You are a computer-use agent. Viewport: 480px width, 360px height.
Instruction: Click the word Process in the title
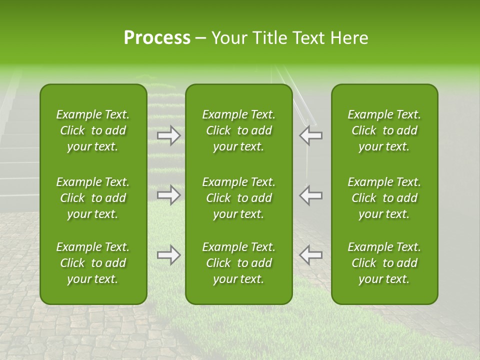coord(157,38)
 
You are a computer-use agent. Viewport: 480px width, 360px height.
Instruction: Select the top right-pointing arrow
coord(169,135)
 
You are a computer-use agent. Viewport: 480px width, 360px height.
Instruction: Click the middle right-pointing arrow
coord(169,195)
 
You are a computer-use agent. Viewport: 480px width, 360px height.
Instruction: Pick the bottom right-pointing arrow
coord(169,255)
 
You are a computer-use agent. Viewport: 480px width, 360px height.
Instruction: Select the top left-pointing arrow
coord(310,135)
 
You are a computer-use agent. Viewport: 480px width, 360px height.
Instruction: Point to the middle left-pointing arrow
coord(310,195)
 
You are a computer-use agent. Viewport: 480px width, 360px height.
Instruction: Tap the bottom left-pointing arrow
coord(310,255)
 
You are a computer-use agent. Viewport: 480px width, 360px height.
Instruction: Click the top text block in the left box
coord(93,130)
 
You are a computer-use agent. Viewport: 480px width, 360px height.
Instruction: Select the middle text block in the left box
coord(93,198)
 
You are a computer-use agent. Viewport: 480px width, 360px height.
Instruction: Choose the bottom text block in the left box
coord(93,263)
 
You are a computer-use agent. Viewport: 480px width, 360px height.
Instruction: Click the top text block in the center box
coord(238,130)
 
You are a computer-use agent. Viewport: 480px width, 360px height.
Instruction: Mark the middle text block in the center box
coord(238,198)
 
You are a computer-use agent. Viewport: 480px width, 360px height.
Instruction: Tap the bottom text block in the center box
coord(238,263)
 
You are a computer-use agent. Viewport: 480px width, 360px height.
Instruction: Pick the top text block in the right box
coord(384,130)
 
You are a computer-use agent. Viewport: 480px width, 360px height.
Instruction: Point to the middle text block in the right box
coord(384,198)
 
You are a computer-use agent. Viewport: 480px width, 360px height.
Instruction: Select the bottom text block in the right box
coord(384,263)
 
